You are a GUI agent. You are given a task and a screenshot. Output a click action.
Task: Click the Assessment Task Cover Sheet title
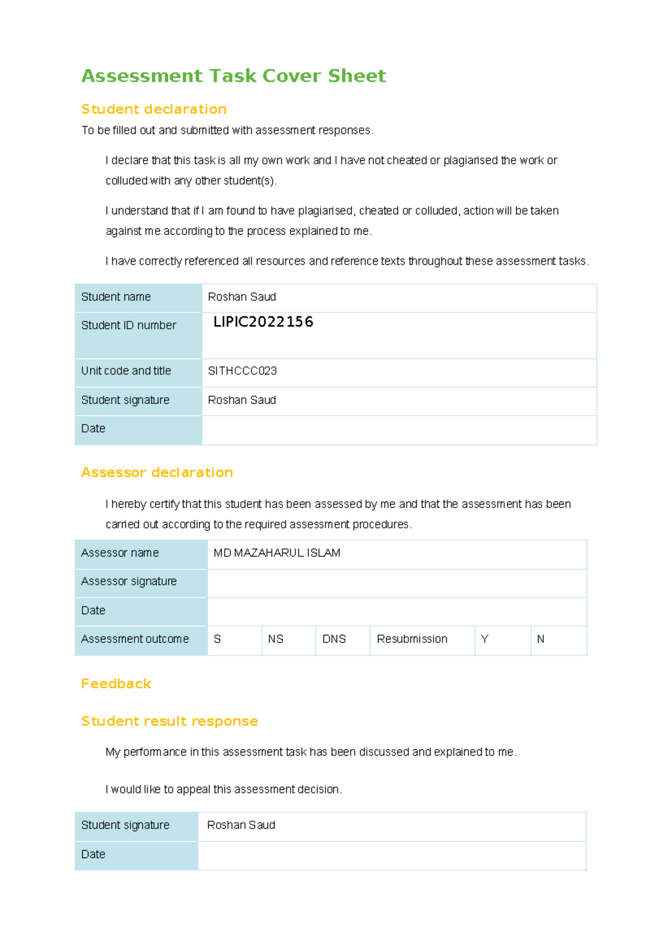pyautogui.click(x=234, y=76)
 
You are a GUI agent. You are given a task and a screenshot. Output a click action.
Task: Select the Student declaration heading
pyautogui.click(x=154, y=109)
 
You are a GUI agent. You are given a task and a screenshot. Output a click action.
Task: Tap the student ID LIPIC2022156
pyautogui.click(x=263, y=322)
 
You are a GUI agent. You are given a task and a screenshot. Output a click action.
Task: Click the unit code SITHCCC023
pyautogui.click(x=242, y=371)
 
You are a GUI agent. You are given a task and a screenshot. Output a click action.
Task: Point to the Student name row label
pyautogui.click(x=116, y=297)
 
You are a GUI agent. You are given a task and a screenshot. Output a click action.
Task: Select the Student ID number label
pyautogui.click(x=129, y=325)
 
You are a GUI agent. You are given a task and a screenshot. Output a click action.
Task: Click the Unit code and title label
pyautogui.click(x=126, y=371)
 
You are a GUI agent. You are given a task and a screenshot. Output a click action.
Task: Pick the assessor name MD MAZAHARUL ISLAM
pyautogui.click(x=277, y=553)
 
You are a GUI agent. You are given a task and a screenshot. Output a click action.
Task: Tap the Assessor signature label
pyautogui.click(x=129, y=581)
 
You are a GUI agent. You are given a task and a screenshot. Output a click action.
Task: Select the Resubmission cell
pyautogui.click(x=412, y=639)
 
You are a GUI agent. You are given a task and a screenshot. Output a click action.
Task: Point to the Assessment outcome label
pyautogui.click(x=135, y=639)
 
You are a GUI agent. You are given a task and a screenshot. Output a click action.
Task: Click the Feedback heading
pyautogui.click(x=116, y=684)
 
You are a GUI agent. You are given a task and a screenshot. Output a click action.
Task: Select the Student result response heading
pyautogui.click(x=169, y=721)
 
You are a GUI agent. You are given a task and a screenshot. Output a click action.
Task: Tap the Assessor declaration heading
pyautogui.click(x=157, y=473)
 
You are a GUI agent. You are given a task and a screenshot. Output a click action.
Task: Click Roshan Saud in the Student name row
pyautogui.click(x=242, y=297)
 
